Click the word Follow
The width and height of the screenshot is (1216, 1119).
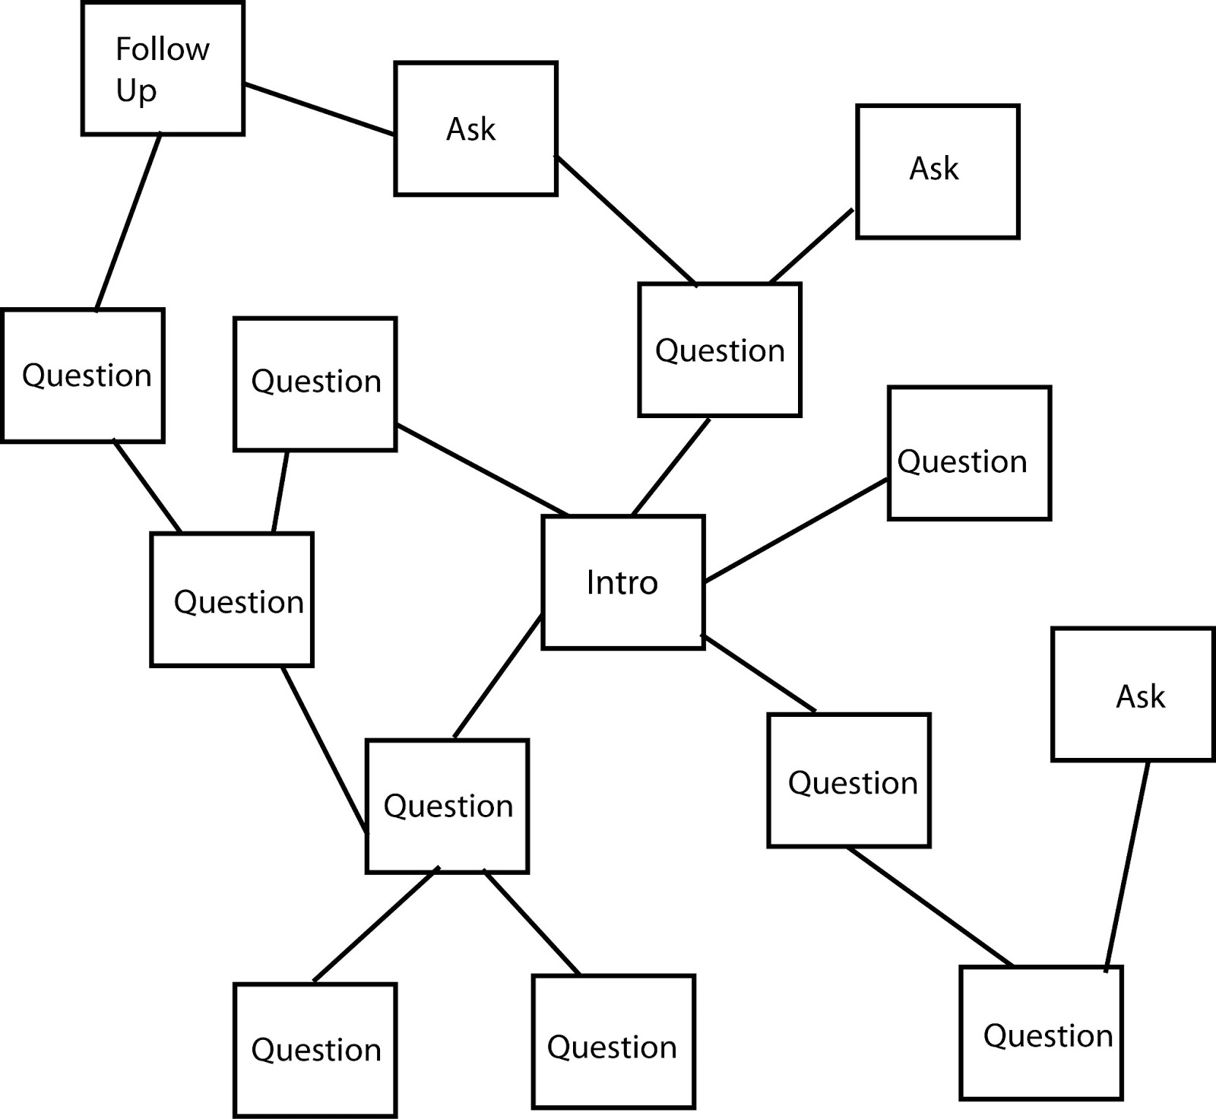pyautogui.click(x=162, y=49)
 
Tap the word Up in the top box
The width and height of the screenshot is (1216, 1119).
pyautogui.click(x=136, y=90)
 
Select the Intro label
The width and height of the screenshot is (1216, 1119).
pyautogui.click(x=622, y=583)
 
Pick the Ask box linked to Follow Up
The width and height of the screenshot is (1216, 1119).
pyautogui.click(x=476, y=128)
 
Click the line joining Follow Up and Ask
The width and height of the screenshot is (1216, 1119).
pyautogui.click(x=319, y=109)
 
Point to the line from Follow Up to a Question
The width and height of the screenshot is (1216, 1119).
pyautogui.click(x=128, y=222)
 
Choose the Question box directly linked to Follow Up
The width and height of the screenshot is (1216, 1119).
pyautogui.click(x=83, y=376)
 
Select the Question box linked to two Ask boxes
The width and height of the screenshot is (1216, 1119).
pyautogui.click(x=720, y=350)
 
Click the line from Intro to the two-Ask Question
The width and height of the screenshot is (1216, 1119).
pyautogui.click(x=670, y=467)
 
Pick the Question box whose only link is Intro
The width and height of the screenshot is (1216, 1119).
pyautogui.click(x=969, y=454)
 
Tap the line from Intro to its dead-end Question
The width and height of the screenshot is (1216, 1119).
pyautogui.click(x=796, y=531)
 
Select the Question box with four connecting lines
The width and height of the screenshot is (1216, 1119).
pyautogui.click(x=447, y=806)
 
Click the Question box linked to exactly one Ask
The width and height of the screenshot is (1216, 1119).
pyautogui.click(x=1040, y=1033)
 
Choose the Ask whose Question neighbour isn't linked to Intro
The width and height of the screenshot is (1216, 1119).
pyautogui.click(x=1132, y=694)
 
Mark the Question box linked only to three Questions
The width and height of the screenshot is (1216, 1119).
pyautogui.click(x=232, y=600)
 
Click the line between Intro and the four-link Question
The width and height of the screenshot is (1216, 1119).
pyautogui.click(x=498, y=676)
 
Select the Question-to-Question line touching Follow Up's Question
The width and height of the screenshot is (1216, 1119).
pyautogui.click(x=147, y=487)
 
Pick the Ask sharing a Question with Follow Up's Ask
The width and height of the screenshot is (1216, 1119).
pyautogui.click(x=937, y=172)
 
